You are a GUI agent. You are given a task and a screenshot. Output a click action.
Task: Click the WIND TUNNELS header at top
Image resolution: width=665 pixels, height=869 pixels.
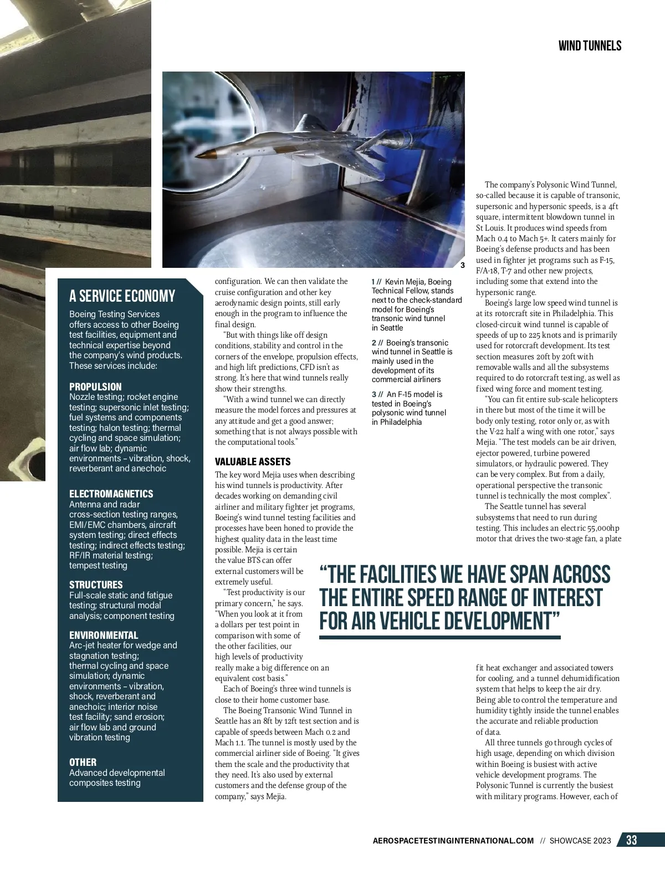[590, 45]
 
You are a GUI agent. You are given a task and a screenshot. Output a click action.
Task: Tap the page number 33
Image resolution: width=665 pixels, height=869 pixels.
[631, 840]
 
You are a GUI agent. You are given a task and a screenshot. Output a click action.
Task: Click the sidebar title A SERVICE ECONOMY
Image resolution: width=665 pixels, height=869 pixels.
[122, 296]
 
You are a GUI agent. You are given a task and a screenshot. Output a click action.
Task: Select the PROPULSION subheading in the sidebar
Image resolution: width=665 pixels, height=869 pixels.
[95, 387]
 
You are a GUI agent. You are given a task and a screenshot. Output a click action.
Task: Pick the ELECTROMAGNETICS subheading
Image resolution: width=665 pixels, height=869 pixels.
[111, 494]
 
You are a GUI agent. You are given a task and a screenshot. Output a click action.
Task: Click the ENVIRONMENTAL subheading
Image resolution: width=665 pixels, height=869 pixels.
[104, 635]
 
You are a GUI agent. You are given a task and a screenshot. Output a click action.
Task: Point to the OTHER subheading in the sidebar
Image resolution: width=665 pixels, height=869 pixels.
[83, 762]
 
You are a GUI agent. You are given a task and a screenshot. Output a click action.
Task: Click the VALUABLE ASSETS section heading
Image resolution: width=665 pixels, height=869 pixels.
[252, 461]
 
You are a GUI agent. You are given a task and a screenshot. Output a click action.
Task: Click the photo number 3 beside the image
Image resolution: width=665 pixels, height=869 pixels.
[462, 265]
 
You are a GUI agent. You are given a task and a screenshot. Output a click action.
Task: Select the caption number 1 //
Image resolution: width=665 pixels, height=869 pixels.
[376, 282]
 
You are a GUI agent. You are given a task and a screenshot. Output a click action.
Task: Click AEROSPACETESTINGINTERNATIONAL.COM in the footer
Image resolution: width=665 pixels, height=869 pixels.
[453, 841]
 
